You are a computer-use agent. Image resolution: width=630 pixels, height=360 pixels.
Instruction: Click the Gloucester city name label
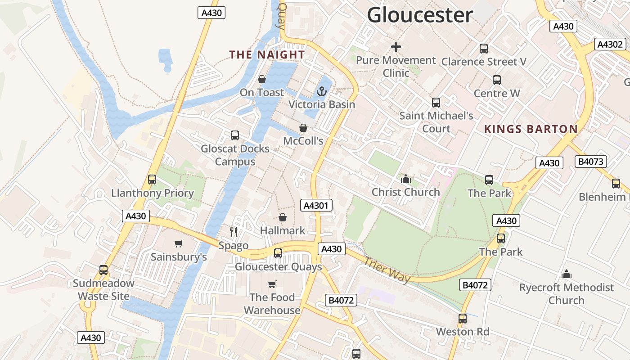pyautogui.click(x=420, y=15)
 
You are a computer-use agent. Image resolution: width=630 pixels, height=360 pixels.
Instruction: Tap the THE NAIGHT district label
pyautogui.click(x=267, y=55)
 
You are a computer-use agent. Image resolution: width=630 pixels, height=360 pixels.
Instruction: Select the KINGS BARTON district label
pyautogui.click(x=531, y=129)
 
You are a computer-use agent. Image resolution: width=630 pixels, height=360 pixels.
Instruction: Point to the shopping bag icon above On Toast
pyautogui.click(x=262, y=80)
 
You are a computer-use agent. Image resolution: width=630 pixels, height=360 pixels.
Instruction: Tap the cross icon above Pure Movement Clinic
pyautogui.click(x=396, y=47)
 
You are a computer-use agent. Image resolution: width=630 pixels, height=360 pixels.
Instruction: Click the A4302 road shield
pyautogui.click(x=610, y=44)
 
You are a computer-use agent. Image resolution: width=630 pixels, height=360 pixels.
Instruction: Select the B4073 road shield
pyautogui.click(x=591, y=162)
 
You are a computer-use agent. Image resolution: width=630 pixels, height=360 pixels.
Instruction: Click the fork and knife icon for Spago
pyautogui.click(x=234, y=232)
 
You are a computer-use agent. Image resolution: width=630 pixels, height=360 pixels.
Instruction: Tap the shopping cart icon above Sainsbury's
pyautogui.click(x=179, y=243)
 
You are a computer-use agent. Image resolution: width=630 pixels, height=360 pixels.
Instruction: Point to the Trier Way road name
pyautogui.click(x=387, y=270)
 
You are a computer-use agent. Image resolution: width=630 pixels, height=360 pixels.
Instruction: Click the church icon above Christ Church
pyautogui.click(x=406, y=179)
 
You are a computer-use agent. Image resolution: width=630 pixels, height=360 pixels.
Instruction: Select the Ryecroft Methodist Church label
pyautogui.click(x=566, y=294)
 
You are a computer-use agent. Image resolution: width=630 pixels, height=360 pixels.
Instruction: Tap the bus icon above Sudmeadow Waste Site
pyautogui.click(x=103, y=270)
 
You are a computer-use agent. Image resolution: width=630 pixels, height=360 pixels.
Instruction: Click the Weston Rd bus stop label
pyautogui.click(x=462, y=332)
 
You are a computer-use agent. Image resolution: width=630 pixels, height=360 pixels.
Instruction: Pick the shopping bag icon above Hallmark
pyautogui.click(x=283, y=218)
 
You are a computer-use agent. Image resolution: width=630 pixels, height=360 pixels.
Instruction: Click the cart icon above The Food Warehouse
pyautogui.click(x=272, y=284)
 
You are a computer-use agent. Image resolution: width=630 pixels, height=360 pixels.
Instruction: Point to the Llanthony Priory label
pyautogui.click(x=152, y=193)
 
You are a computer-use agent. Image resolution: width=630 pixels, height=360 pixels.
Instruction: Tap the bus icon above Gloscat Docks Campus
pyautogui.click(x=235, y=135)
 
